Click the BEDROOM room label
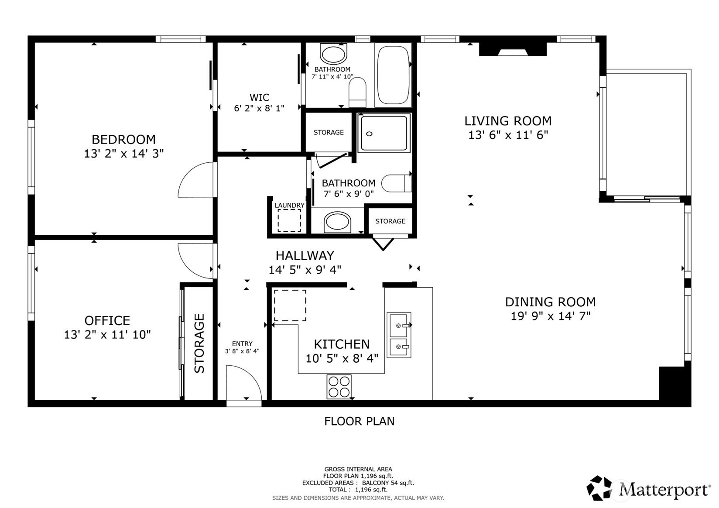click(x=123, y=139)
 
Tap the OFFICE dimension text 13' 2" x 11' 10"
click(x=107, y=335)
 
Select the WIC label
click(x=259, y=97)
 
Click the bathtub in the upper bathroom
click(x=393, y=75)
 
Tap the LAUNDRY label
click(x=289, y=205)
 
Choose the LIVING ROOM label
click(x=508, y=121)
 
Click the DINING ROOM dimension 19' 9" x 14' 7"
click(x=551, y=316)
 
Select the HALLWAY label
click(x=305, y=256)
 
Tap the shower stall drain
click(x=370, y=134)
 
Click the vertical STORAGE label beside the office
click(x=199, y=343)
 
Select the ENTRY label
click(x=242, y=343)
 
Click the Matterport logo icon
click(x=599, y=488)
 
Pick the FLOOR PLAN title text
click(x=359, y=421)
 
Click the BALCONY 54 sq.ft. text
click(x=388, y=483)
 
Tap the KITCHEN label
click(x=342, y=344)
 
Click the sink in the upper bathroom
click(x=334, y=55)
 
